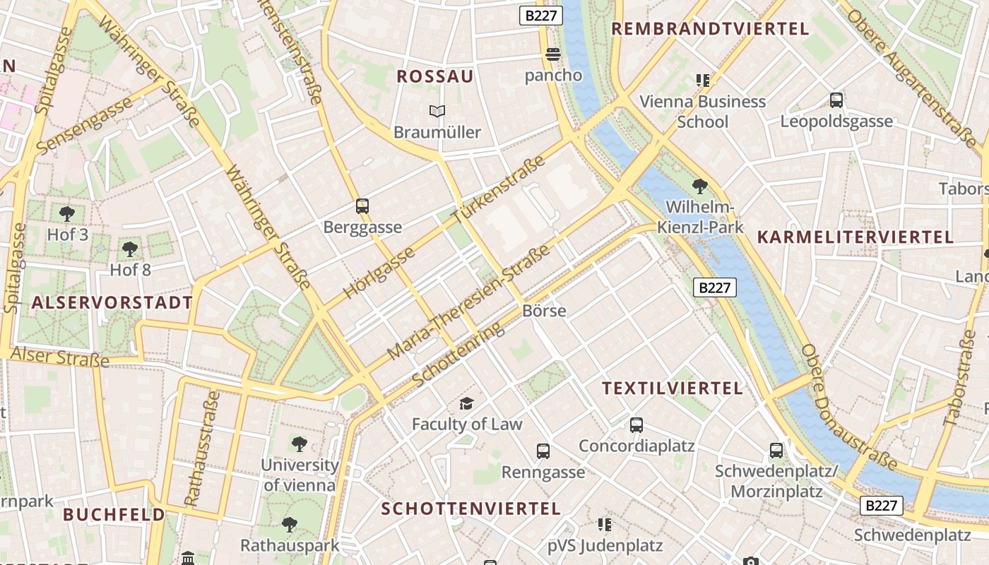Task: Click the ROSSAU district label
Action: click(x=435, y=76)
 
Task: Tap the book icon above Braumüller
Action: click(x=437, y=111)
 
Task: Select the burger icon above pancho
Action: click(x=553, y=54)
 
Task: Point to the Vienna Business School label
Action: click(x=702, y=112)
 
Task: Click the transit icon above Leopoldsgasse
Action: click(x=836, y=100)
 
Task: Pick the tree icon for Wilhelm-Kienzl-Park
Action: click(x=700, y=186)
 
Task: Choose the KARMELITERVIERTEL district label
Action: click(x=855, y=237)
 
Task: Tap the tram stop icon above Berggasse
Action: click(x=362, y=206)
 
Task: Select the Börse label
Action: click(x=544, y=311)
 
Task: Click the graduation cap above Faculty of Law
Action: click(x=466, y=403)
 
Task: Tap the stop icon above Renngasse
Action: click(x=543, y=451)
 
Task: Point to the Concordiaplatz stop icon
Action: click(x=636, y=425)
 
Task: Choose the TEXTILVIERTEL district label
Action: click(x=673, y=388)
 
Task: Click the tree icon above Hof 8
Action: click(x=130, y=249)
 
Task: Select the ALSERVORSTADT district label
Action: click(x=112, y=303)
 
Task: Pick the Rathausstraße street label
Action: click(x=202, y=448)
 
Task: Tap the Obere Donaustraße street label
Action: click(x=848, y=408)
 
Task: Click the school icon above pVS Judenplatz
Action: click(x=605, y=525)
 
